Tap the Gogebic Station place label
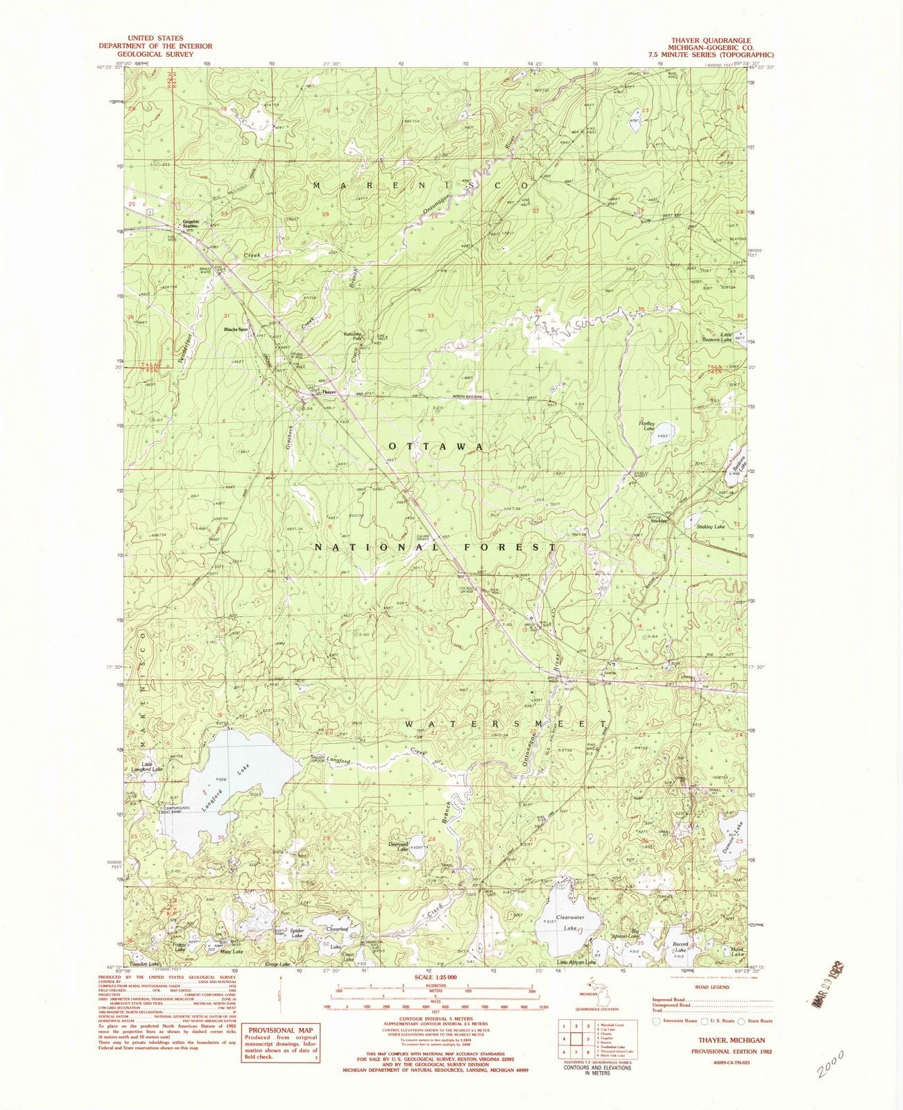tap(191, 225)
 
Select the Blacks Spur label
tap(235, 329)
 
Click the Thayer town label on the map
tap(328, 392)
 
